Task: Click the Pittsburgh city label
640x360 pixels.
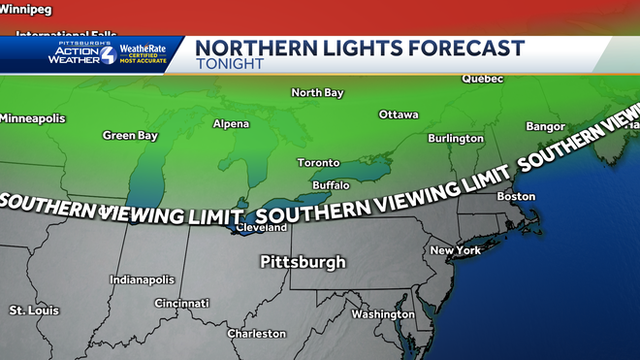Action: pos(303,262)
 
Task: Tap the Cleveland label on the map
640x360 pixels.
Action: pos(262,228)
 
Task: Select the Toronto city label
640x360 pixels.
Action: pos(318,163)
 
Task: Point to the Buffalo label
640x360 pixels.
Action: pos(331,185)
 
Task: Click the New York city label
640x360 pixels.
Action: pos(456,250)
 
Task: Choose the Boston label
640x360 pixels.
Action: pos(515,197)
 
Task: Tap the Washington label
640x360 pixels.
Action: pos(383,314)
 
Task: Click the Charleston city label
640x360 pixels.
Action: pos(256,334)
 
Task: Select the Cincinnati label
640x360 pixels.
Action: pos(180,304)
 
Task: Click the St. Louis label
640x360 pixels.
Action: pos(34,311)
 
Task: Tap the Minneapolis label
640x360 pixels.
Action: pos(33,118)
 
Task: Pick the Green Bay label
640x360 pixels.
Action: pos(130,136)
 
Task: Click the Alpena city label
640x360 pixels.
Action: pos(231,124)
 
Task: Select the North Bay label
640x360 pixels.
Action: pos(317,93)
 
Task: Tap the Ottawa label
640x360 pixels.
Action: pos(398,115)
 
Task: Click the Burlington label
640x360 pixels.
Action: pos(456,139)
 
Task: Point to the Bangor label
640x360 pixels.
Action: pos(545,127)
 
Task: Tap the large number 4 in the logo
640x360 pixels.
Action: pos(106,54)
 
